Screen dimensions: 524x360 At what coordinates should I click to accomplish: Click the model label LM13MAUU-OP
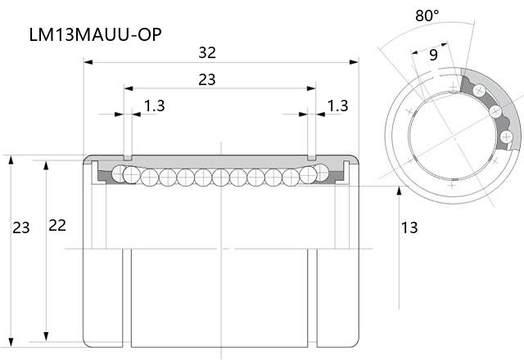tap(96, 34)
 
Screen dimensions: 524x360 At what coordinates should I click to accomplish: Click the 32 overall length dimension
tap(207, 52)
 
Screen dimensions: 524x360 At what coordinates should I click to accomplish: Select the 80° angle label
tap(427, 16)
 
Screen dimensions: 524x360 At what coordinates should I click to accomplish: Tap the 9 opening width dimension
tap(433, 55)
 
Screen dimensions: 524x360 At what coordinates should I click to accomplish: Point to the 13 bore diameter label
tap(409, 227)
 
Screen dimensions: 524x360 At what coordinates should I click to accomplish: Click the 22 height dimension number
tap(57, 226)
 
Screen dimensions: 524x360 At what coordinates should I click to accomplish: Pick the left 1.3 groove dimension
tap(155, 106)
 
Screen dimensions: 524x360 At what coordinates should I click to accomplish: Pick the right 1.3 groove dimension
tap(337, 106)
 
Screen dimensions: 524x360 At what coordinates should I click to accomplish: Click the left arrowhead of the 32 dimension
tap(88, 62)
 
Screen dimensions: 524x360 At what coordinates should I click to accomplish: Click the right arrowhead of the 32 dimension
tap(354, 62)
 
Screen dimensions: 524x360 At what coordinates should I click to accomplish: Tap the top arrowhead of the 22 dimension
tap(46, 165)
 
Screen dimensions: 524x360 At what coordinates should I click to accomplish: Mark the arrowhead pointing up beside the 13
tap(399, 191)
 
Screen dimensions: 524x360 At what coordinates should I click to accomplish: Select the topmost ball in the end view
tap(479, 90)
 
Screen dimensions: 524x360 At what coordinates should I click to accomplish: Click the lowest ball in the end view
tap(506, 137)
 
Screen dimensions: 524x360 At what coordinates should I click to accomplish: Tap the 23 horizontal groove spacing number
tap(207, 79)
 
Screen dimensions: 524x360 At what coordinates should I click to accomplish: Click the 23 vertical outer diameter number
tap(21, 227)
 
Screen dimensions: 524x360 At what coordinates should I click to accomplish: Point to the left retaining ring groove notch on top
tap(128, 157)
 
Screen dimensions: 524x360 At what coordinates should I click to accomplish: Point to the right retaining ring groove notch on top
tap(311, 157)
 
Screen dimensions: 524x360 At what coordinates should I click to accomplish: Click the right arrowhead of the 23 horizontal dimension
tap(311, 88)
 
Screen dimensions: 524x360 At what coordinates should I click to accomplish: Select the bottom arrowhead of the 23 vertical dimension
tap(11, 343)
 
